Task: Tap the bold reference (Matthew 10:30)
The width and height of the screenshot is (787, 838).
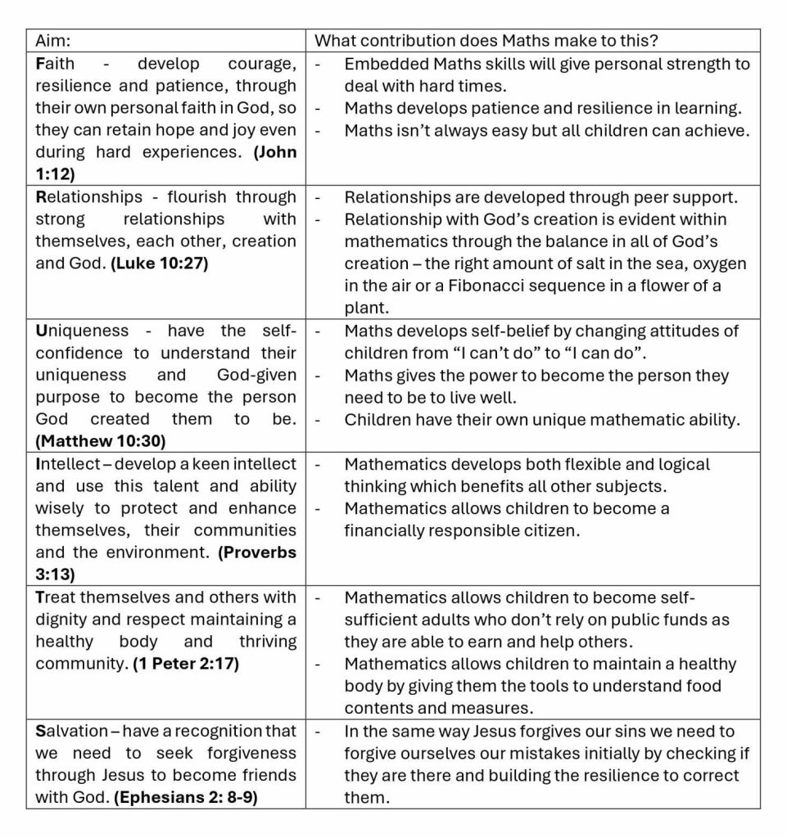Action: (x=100, y=441)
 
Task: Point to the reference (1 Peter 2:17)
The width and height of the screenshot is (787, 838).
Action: (x=186, y=664)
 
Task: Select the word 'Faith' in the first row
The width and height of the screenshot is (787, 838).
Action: (x=55, y=63)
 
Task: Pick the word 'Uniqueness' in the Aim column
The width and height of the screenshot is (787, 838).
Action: (x=82, y=331)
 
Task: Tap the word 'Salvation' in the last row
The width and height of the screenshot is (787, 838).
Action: (x=71, y=731)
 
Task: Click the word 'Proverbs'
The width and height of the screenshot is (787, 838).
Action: (x=258, y=552)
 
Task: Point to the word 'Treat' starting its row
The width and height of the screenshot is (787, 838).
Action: (x=56, y=597)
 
